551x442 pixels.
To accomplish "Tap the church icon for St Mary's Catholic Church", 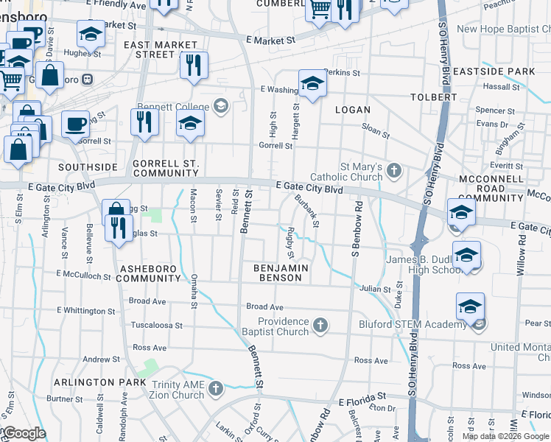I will pyautogui.click(x=394, y=171).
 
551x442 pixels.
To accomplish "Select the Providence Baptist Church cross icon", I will pyautogui.click(x=320, y=325).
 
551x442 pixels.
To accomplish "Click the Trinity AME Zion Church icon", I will pyautogui.click(x=215, y=388).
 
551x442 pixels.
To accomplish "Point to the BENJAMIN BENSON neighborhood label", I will pyautogui.click(x=280, y=273).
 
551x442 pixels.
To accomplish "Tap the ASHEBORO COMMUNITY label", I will pyautogui.click(x=148, y=273).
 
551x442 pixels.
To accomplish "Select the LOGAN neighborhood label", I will pyautogui.click(x=352, y=110).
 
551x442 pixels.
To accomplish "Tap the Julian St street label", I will pyautogui.click(x=376, y=290).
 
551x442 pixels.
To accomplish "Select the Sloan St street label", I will pyautogui.click(x=375, y=130).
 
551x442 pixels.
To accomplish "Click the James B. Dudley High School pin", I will pyautogui.click(x=466, y=255).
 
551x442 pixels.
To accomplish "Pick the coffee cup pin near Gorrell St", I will pyautogui.click(x=74, y=123).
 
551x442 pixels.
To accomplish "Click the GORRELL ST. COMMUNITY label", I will pyautogui.click(x=166, y=168).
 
